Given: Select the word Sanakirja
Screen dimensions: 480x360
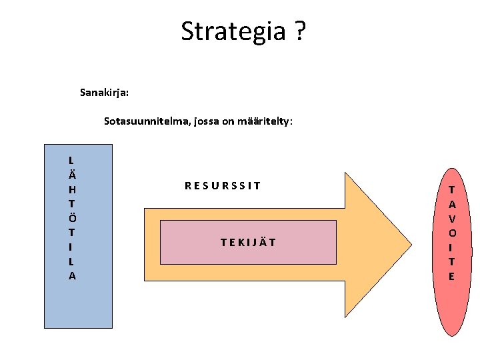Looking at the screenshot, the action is tap(104, 92).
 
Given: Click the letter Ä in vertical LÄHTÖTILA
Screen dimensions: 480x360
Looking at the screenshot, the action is tap(72, 174).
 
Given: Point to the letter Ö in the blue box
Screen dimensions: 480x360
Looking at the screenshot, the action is tap(72, 217).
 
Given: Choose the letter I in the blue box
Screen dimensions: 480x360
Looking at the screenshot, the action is tap(72, 247).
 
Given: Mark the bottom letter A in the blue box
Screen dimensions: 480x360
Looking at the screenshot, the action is tap(72, 275).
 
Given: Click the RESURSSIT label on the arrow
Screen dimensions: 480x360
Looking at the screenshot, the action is tap(223, 186).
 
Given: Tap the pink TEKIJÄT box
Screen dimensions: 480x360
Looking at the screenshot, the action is tap(248, 242).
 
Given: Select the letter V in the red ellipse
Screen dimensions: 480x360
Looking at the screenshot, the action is tap(452, 219).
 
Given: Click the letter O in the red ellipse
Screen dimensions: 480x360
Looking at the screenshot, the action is tap(452, 233).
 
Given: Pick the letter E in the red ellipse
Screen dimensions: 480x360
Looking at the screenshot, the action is tap(452, 276).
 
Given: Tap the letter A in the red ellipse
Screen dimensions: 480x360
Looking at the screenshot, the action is tap(452, 204).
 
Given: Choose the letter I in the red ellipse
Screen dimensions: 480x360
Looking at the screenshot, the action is tap(452, 247).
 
